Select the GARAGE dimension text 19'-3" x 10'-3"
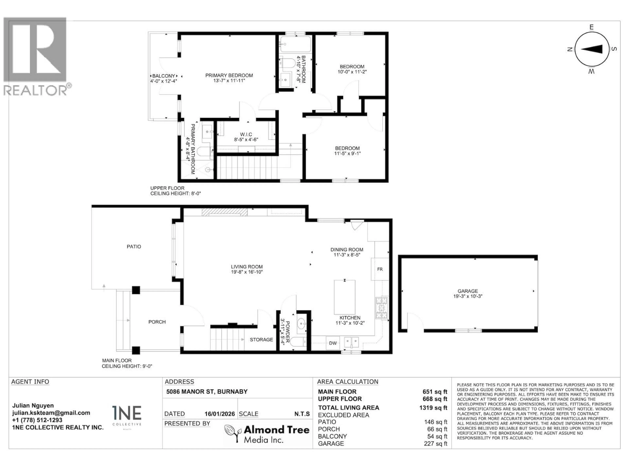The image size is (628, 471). pyautogui.click(x=468, y=296)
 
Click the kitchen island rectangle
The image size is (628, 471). pyautogui.click(x=344, y=297)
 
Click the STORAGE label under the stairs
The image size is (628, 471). pyautogui.click(x=261, y=340)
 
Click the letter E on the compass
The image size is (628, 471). pyautogui.click(x=591, y=27)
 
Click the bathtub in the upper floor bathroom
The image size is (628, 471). pyautogui.click(x=295, y=44)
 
